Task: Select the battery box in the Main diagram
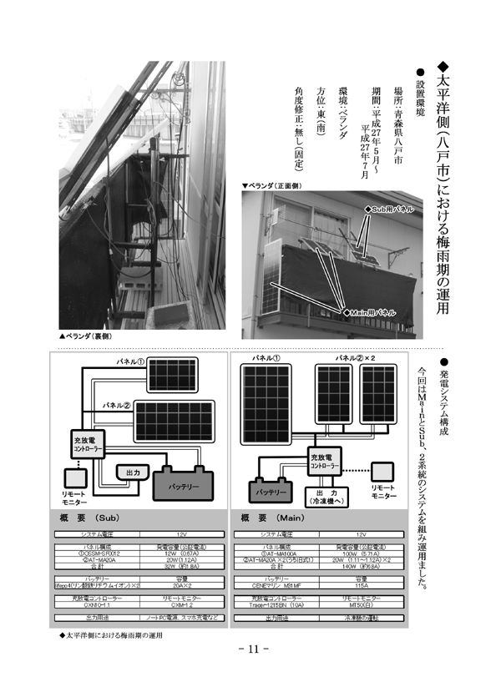272,491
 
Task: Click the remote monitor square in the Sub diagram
76,478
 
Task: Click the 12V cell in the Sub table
183,533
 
